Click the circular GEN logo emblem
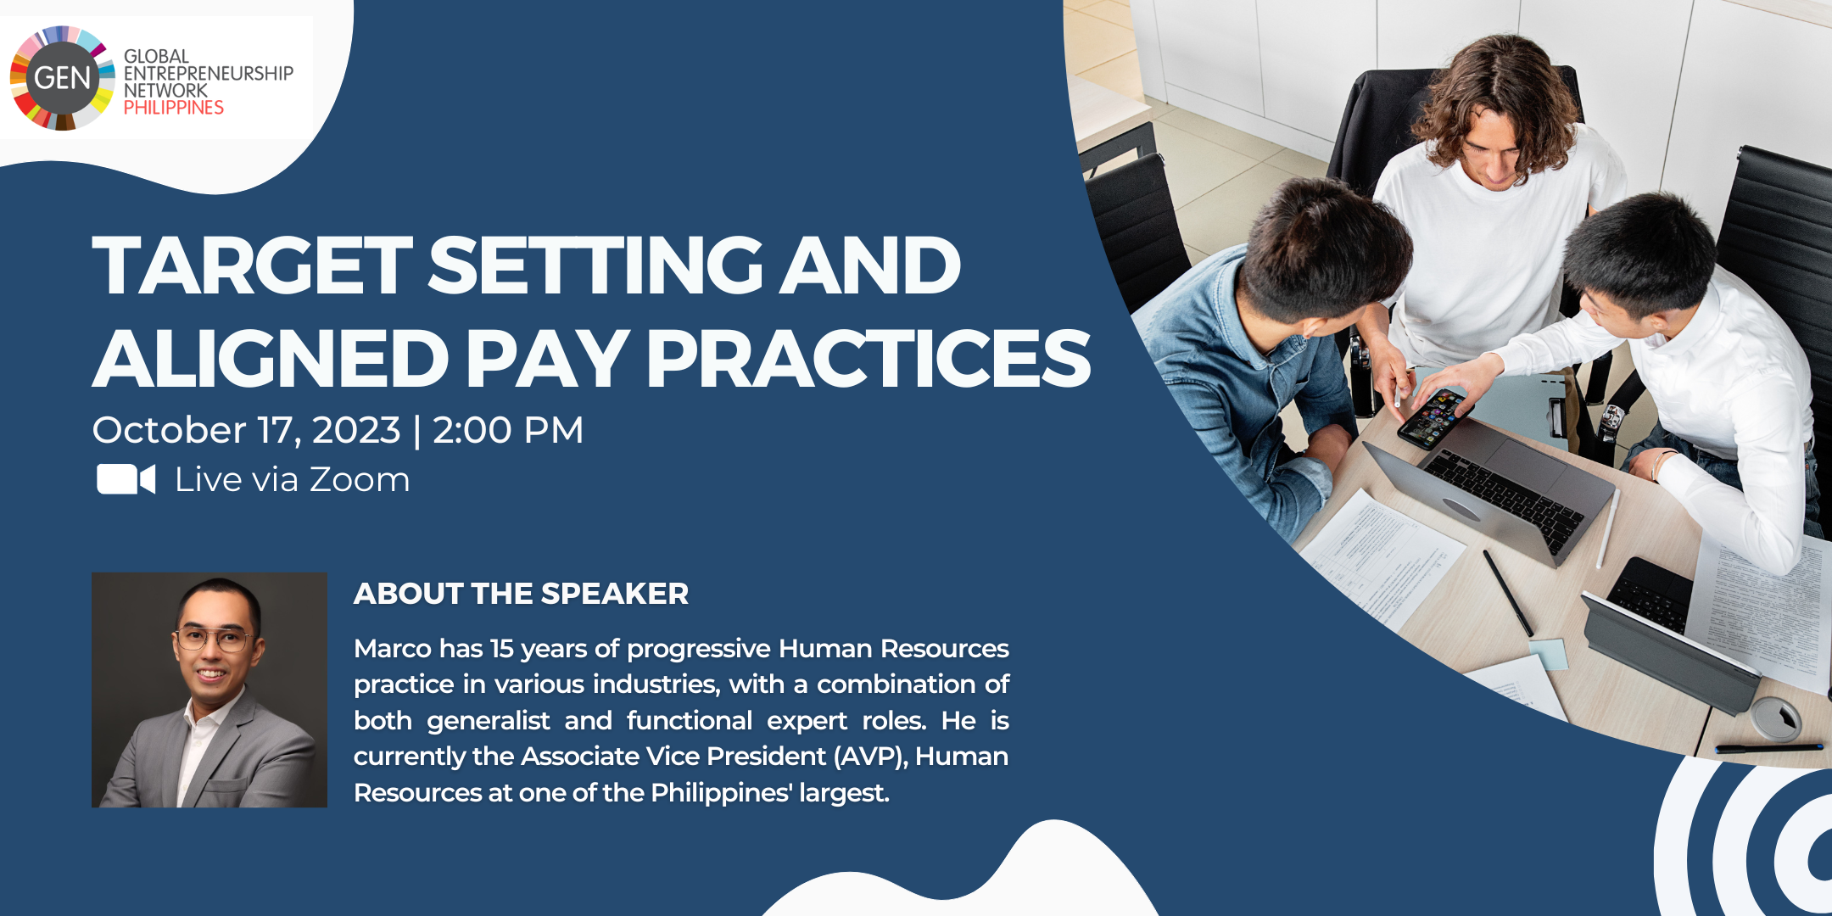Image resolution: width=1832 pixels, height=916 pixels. pyautogui.click(x=62, y=78)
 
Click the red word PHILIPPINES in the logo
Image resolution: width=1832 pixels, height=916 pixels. pyautogui.click(x=174, y=108)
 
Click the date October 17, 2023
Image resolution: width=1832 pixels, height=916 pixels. pyautogui.click(x=246, y=430)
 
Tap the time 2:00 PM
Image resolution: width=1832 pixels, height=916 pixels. pyautogui.click(x=508, y=430)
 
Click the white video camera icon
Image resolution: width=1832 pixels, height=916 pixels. pyautogui.click(x=126, y=479)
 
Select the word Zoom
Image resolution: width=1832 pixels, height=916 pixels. pyautogui.click(x=360, y=480)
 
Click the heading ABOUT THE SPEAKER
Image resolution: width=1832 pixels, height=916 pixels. pyautogui.click(x=521, y=594)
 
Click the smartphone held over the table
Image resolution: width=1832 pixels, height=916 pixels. pyautogui.click(x=1432, y=418)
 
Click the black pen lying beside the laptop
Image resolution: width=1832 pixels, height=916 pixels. pyautogui.click(x=1508, y=592)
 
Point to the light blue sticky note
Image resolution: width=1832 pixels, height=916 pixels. pyautogui.click(x=1548, y=654)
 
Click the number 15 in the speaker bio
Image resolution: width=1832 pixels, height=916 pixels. pyautogui.click(x=502, y=649)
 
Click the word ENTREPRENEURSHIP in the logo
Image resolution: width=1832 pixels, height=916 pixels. pyautogui.click(x=209, y=74)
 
